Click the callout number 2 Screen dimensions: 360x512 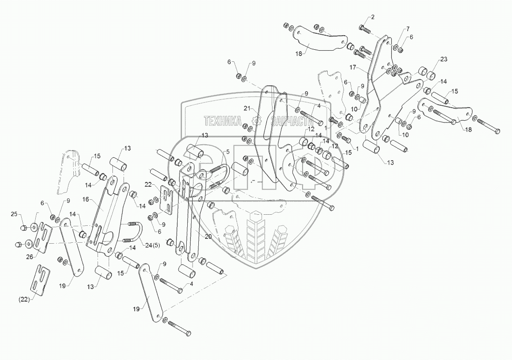[x=372, y=17]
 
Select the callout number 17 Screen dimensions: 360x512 [x=353, y=67]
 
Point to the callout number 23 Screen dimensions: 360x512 [x=443, y=59]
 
